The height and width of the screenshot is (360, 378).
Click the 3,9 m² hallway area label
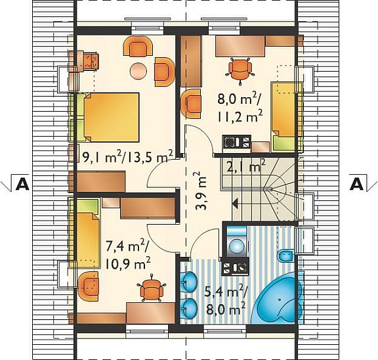pyautogui.click(x=200, y=191)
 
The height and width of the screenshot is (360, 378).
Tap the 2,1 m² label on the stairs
pyautogui.click(x=246, y=166)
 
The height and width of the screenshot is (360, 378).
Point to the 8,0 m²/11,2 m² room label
pyautogui.click(x=240, y=108)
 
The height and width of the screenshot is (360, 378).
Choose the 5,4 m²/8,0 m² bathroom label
pyautogui.click(x=225, y=300)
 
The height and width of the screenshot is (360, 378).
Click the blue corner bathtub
pyautogui.click(x=277, y=299)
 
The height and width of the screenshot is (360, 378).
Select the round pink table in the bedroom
pyautogui.click(x=138, y=71)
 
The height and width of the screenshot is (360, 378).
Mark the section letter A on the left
pyautogui.click(x=22, y=185)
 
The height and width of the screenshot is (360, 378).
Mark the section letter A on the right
pyautogui.click(x=356, y=185)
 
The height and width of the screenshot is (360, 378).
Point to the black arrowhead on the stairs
pyautogui.click(x=236, y=204)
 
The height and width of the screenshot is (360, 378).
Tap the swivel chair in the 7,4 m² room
pyautogui.click(x=152, y=288)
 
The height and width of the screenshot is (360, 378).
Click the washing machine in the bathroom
pyautogui.click(x=236, y=241)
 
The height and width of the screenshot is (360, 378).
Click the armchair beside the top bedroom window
pyautogui.click(x=138, y=47)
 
